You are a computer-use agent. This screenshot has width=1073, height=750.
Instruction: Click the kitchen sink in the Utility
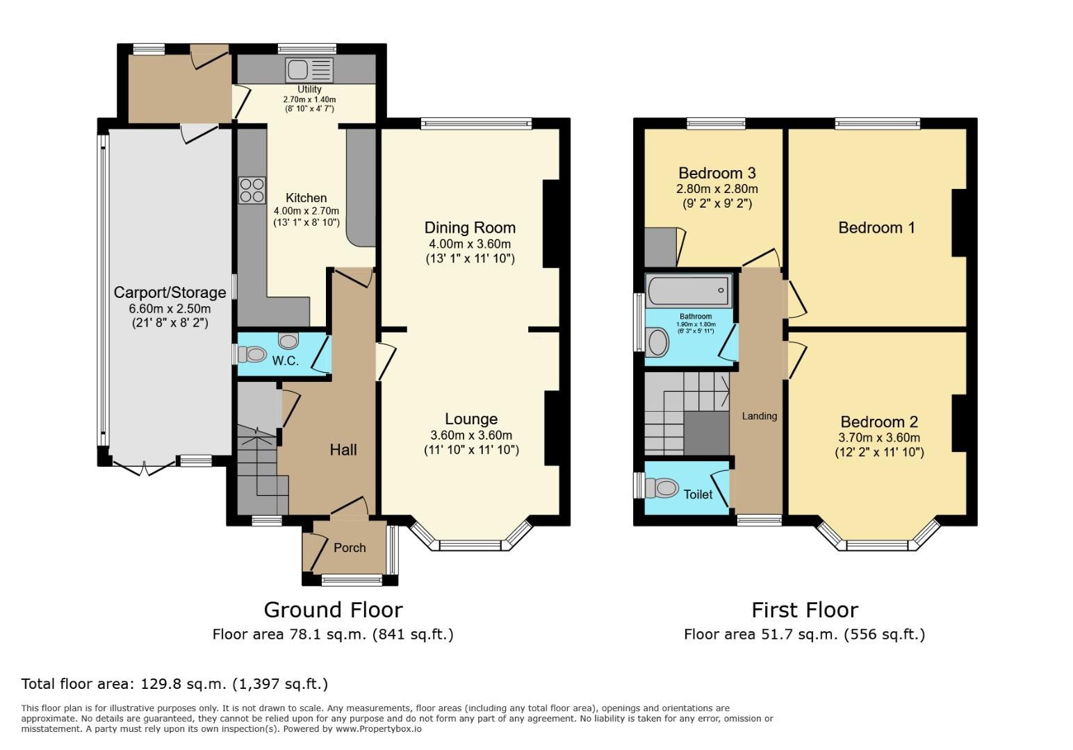point(309,69)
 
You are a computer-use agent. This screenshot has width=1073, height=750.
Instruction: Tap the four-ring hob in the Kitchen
point(252,190)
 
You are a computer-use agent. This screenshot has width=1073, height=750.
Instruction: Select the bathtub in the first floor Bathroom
point(688,290)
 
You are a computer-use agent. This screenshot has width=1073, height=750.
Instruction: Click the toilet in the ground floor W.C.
point(252,355)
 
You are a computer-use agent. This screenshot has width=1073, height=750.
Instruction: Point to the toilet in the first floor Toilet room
point(661,488)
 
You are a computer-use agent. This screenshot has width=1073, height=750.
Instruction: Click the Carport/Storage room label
point(170,292)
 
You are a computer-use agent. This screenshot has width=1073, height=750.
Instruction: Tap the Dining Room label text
point(470,228)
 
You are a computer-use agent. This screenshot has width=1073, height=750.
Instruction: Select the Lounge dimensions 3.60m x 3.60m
point(470,435)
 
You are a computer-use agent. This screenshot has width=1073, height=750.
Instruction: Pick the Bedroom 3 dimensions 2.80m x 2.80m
point(716,189)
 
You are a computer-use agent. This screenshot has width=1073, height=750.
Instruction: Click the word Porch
point(350,548)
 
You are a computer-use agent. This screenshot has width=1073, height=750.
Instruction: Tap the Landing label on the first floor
point(759,416)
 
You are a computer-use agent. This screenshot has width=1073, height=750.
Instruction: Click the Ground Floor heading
point(333,610)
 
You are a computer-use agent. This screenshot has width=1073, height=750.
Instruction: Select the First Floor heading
point(804,610)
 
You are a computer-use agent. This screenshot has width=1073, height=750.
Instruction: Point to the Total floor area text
point(174,683)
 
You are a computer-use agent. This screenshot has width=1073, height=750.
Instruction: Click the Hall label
point(343,450)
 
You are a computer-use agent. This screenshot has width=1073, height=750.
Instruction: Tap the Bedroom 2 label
point(878,422)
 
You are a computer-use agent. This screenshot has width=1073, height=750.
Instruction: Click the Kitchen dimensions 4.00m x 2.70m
point(306,211)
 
